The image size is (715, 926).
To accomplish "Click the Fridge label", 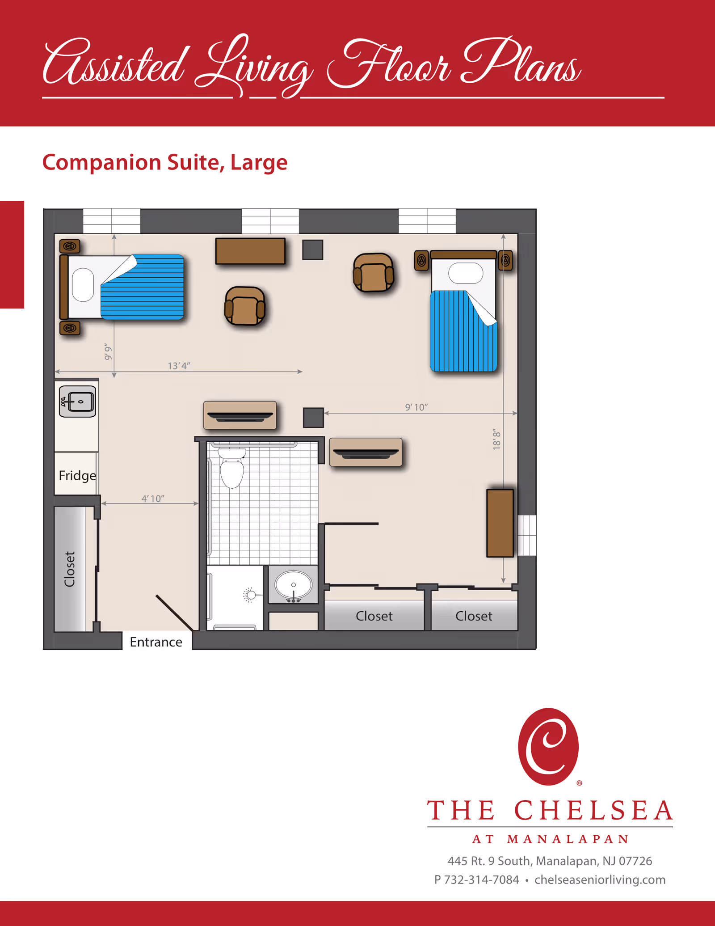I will [x=77, y=475].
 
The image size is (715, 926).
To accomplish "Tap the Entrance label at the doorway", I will [x=156, y=642].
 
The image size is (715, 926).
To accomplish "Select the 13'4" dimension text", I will [x=179, y=366].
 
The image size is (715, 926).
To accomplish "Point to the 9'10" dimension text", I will [x=416, y=407].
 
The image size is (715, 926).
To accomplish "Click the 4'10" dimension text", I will [x=153, y=499].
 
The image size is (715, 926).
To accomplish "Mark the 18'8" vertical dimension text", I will [x=497, y=439].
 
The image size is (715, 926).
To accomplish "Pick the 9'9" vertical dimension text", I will [x=108, y=352].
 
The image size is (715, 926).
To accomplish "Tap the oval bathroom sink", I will [x=293, y=584].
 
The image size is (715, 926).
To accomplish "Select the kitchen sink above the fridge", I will [x=78, y=402].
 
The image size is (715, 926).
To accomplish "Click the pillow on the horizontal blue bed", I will [x=83, y=285].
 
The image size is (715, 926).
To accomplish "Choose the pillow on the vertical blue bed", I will [x=466, y=273].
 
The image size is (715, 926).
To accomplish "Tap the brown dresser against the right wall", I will [x=500, y=523].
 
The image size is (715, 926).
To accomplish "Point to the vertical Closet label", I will [x=70, y=569].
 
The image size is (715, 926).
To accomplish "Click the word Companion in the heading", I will [x=101, y=162].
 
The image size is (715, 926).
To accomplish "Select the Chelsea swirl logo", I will [x=548, y=746].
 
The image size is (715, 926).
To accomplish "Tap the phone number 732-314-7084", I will [x=482, y=879].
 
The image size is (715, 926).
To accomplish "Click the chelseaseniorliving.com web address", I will [x=600, y=879].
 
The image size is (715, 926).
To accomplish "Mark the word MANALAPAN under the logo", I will [x=568, y=839].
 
